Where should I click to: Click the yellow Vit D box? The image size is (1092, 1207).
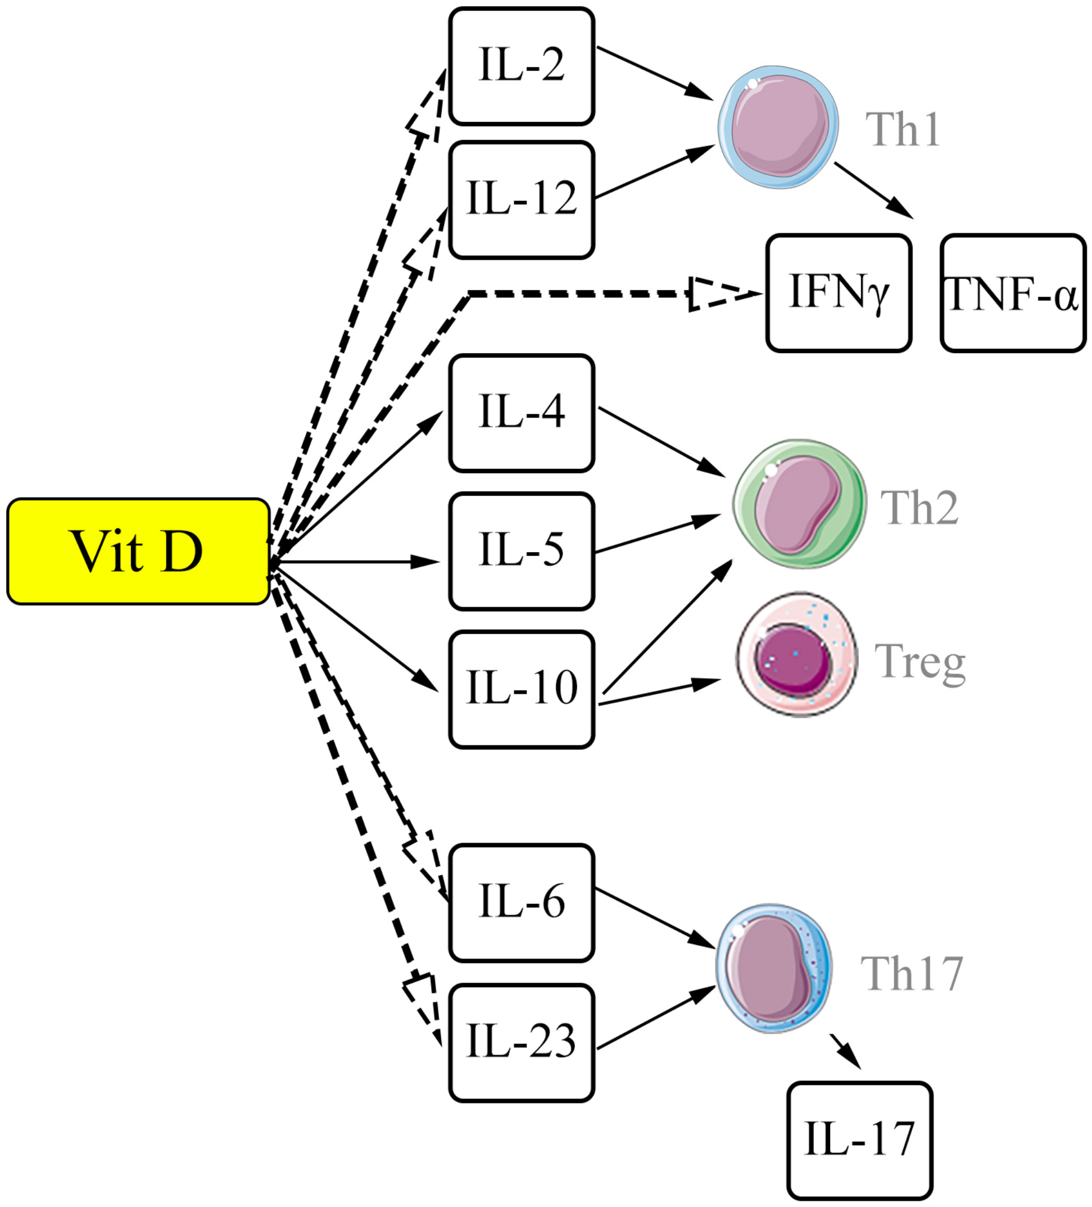138,551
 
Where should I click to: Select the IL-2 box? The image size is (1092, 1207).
522,66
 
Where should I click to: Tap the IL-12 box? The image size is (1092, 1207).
522,200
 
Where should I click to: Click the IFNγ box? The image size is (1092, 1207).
838,293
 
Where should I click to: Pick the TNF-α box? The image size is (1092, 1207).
1013,293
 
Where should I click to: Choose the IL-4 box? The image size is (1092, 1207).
522,413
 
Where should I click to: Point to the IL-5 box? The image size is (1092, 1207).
522,551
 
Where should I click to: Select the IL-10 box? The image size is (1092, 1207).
522,689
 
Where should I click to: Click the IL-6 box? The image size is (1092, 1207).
522,903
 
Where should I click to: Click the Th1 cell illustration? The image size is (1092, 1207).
778,128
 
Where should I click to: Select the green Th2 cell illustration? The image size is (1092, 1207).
799,504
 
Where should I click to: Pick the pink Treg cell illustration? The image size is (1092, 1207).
796,654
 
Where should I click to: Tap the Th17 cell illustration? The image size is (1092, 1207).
774,968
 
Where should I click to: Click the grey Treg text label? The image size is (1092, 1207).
920,663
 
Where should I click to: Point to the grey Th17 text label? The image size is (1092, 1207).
911,975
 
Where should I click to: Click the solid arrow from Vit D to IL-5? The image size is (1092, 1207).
359,562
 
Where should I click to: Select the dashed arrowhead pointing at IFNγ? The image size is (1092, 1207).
722,293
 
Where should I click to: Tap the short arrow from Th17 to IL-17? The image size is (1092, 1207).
845,1051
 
